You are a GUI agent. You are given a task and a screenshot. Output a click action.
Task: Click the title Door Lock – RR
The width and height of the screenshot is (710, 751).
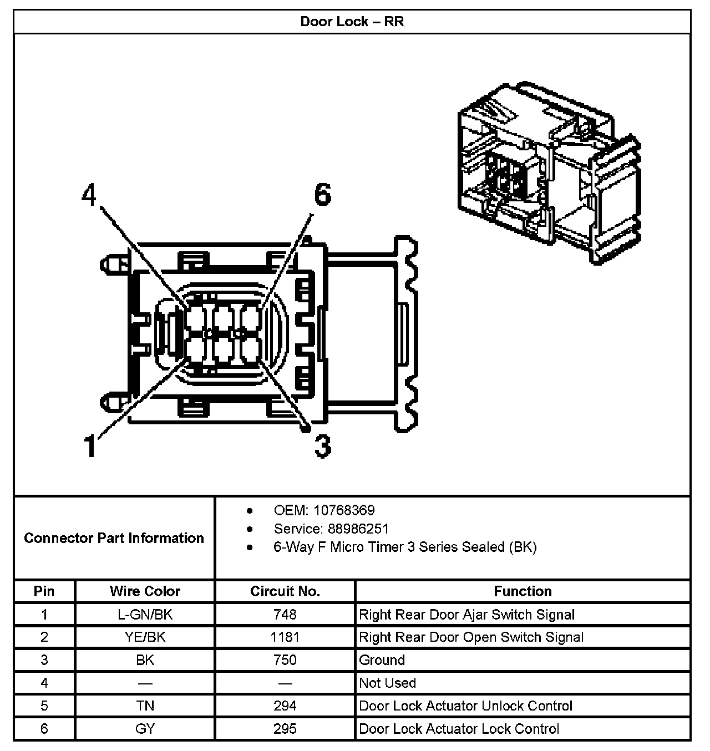tap(352, 22)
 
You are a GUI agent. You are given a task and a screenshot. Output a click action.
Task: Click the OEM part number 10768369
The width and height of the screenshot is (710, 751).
tap(343, 510)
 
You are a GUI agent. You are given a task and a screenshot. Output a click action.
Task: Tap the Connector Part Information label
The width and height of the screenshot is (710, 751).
tap(114, 538)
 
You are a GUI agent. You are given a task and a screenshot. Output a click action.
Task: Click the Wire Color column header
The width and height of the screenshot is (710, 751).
tap(145, 591)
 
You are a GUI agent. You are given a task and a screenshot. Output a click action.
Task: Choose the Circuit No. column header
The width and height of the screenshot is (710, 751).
tap(285, 591)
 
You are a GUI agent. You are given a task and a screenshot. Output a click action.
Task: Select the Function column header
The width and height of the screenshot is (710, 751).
tap(523, 591)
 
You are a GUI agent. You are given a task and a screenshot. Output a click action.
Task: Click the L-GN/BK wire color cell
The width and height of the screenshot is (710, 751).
tap(145, 615)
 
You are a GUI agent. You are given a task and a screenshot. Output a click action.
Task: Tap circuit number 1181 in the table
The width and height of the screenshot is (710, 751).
tap(285, 637)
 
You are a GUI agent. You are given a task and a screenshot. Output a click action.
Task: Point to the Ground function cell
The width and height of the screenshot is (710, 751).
tap(382, 660)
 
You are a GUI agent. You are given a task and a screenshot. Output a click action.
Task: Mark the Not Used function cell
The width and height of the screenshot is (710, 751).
tap(388, 683)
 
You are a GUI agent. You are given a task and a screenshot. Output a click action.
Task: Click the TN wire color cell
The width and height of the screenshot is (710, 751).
tap(145, 706)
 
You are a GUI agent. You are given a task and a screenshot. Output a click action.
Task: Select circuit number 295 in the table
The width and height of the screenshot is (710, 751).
tap(285, 729)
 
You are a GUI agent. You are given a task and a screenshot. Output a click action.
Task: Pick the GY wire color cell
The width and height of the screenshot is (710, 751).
tap(145, 729)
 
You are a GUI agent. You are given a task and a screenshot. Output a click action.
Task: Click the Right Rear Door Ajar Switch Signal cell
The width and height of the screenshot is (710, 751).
tap(467, 615)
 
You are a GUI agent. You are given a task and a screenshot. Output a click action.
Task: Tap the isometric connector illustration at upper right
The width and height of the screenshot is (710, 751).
tap(549, 172)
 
